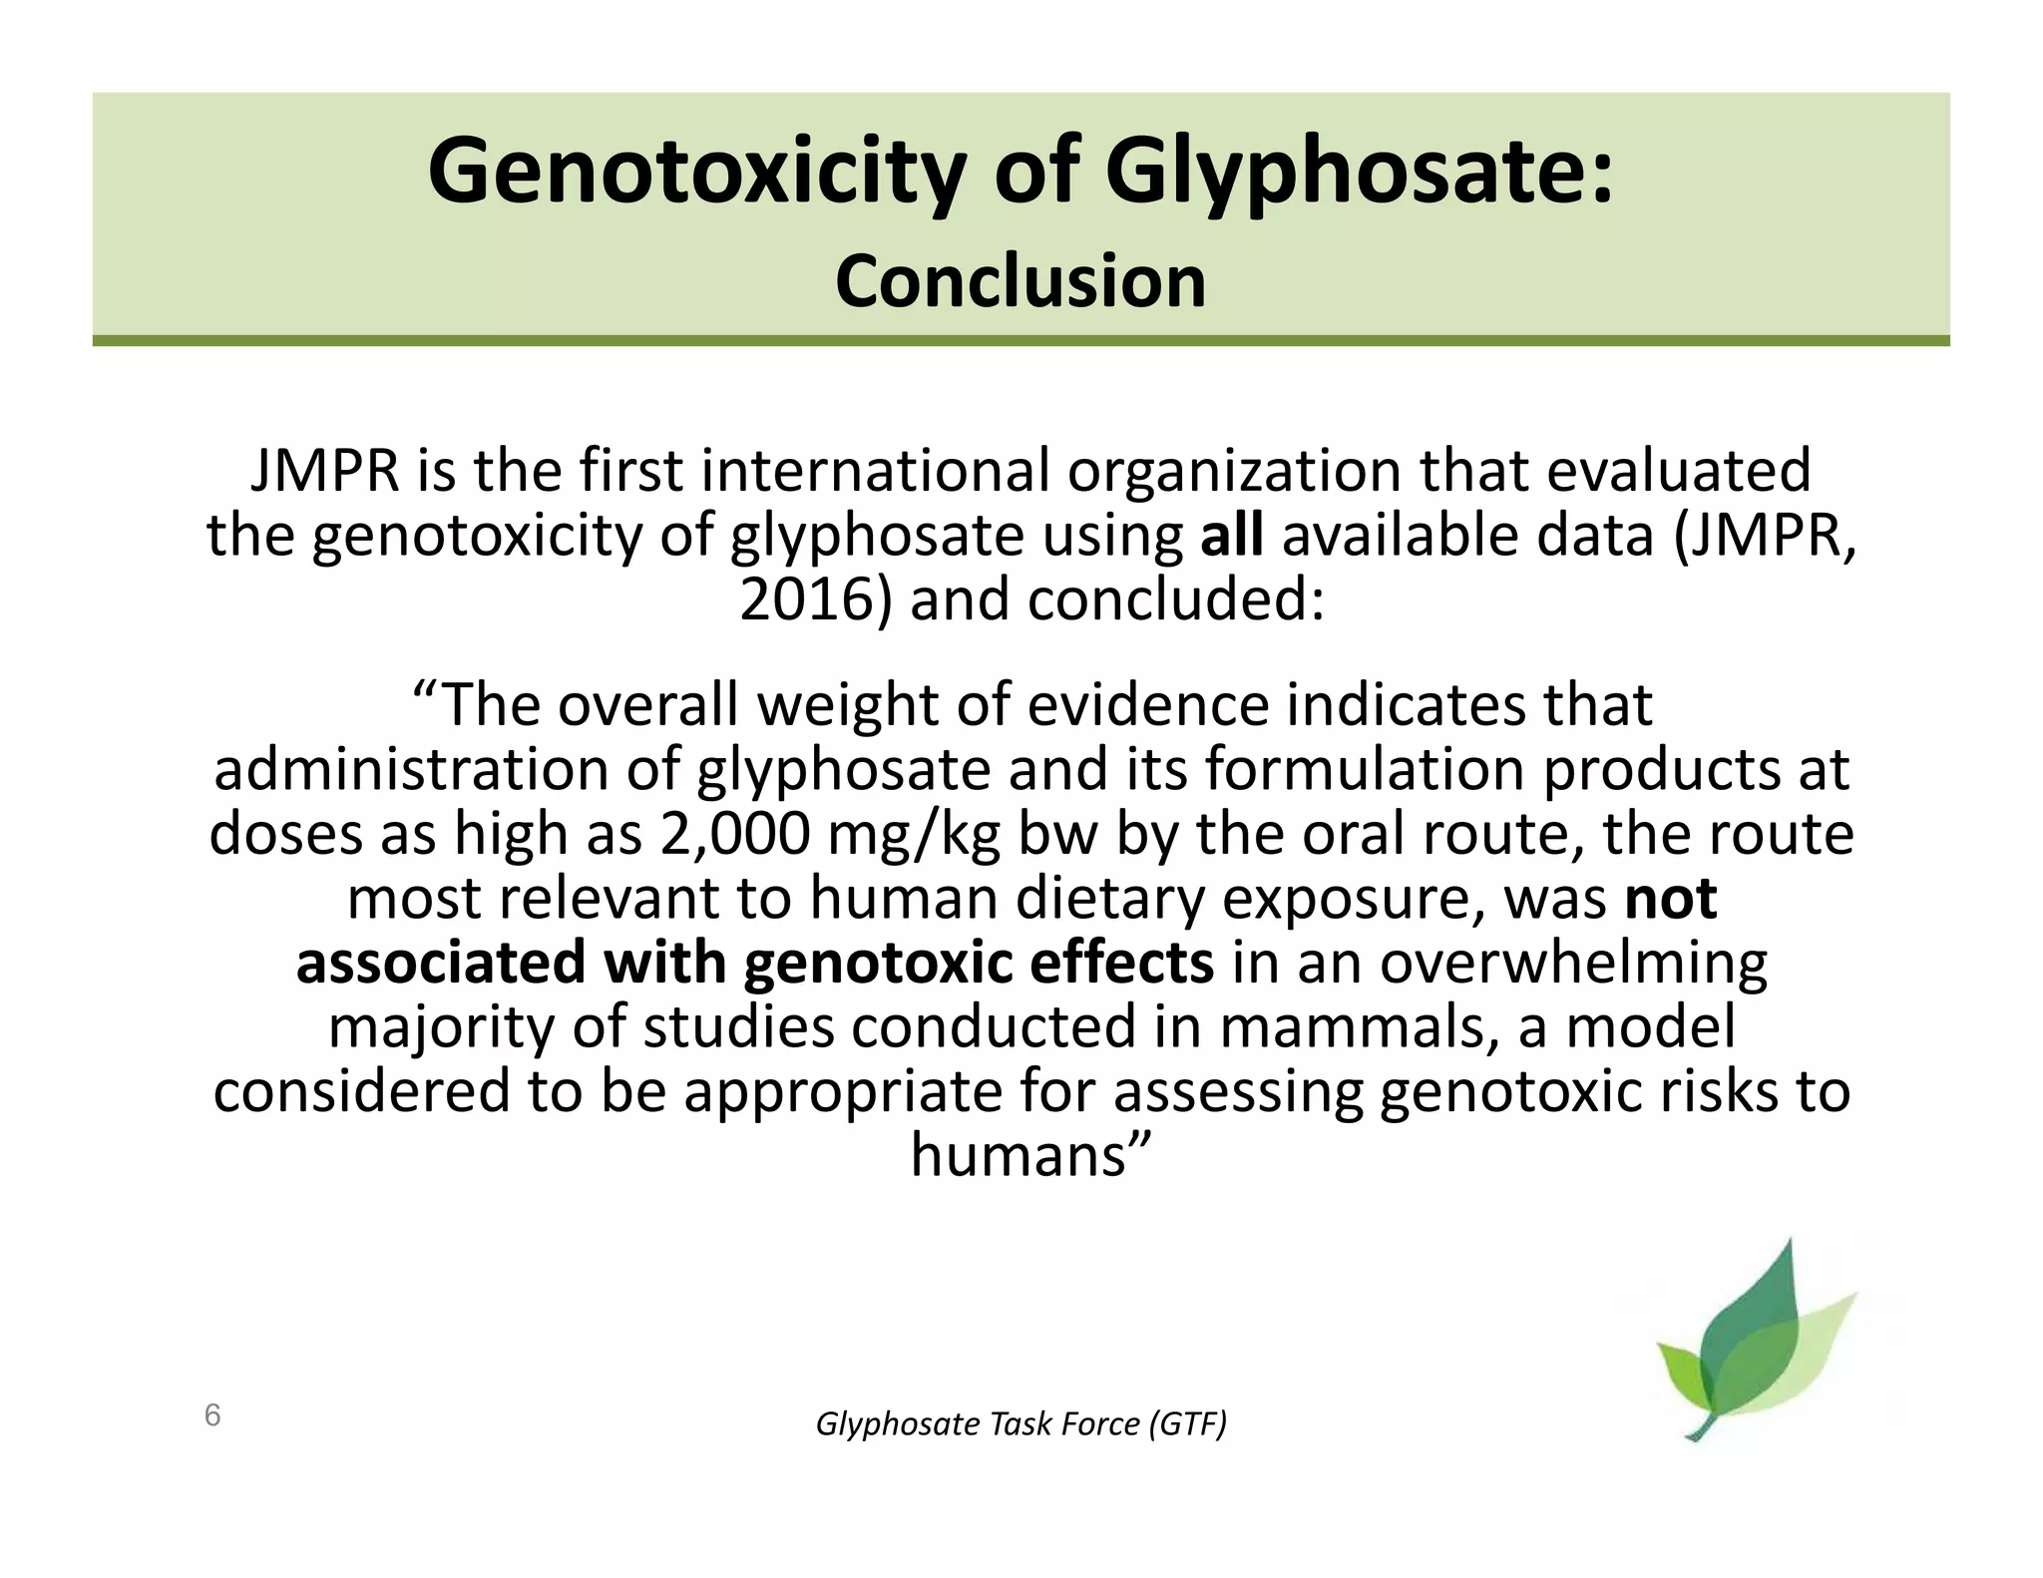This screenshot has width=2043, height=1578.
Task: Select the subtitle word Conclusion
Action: [1021, 282]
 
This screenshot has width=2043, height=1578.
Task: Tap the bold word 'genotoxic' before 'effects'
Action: [877, 964]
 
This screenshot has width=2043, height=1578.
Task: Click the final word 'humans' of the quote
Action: [1019, 1156]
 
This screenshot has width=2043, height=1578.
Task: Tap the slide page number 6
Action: [212, 1414]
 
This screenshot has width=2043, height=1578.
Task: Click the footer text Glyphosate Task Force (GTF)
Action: [1021, 1424]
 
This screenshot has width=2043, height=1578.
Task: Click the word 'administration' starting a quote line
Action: [411, 770]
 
